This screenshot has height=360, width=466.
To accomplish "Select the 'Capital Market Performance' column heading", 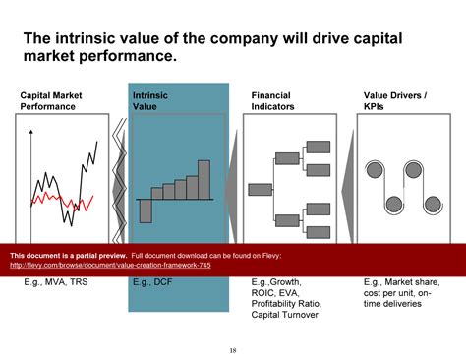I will [51, 101].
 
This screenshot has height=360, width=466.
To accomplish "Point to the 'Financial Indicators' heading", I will [272, 101].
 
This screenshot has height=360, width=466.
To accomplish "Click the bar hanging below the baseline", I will [145, 210].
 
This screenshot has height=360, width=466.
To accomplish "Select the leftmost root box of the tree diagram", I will [261, 189].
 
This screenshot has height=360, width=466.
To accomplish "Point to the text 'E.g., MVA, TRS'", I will [56, 280].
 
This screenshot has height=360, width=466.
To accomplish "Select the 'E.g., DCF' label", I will [154, 280].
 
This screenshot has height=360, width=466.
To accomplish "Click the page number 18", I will [233, 350].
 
